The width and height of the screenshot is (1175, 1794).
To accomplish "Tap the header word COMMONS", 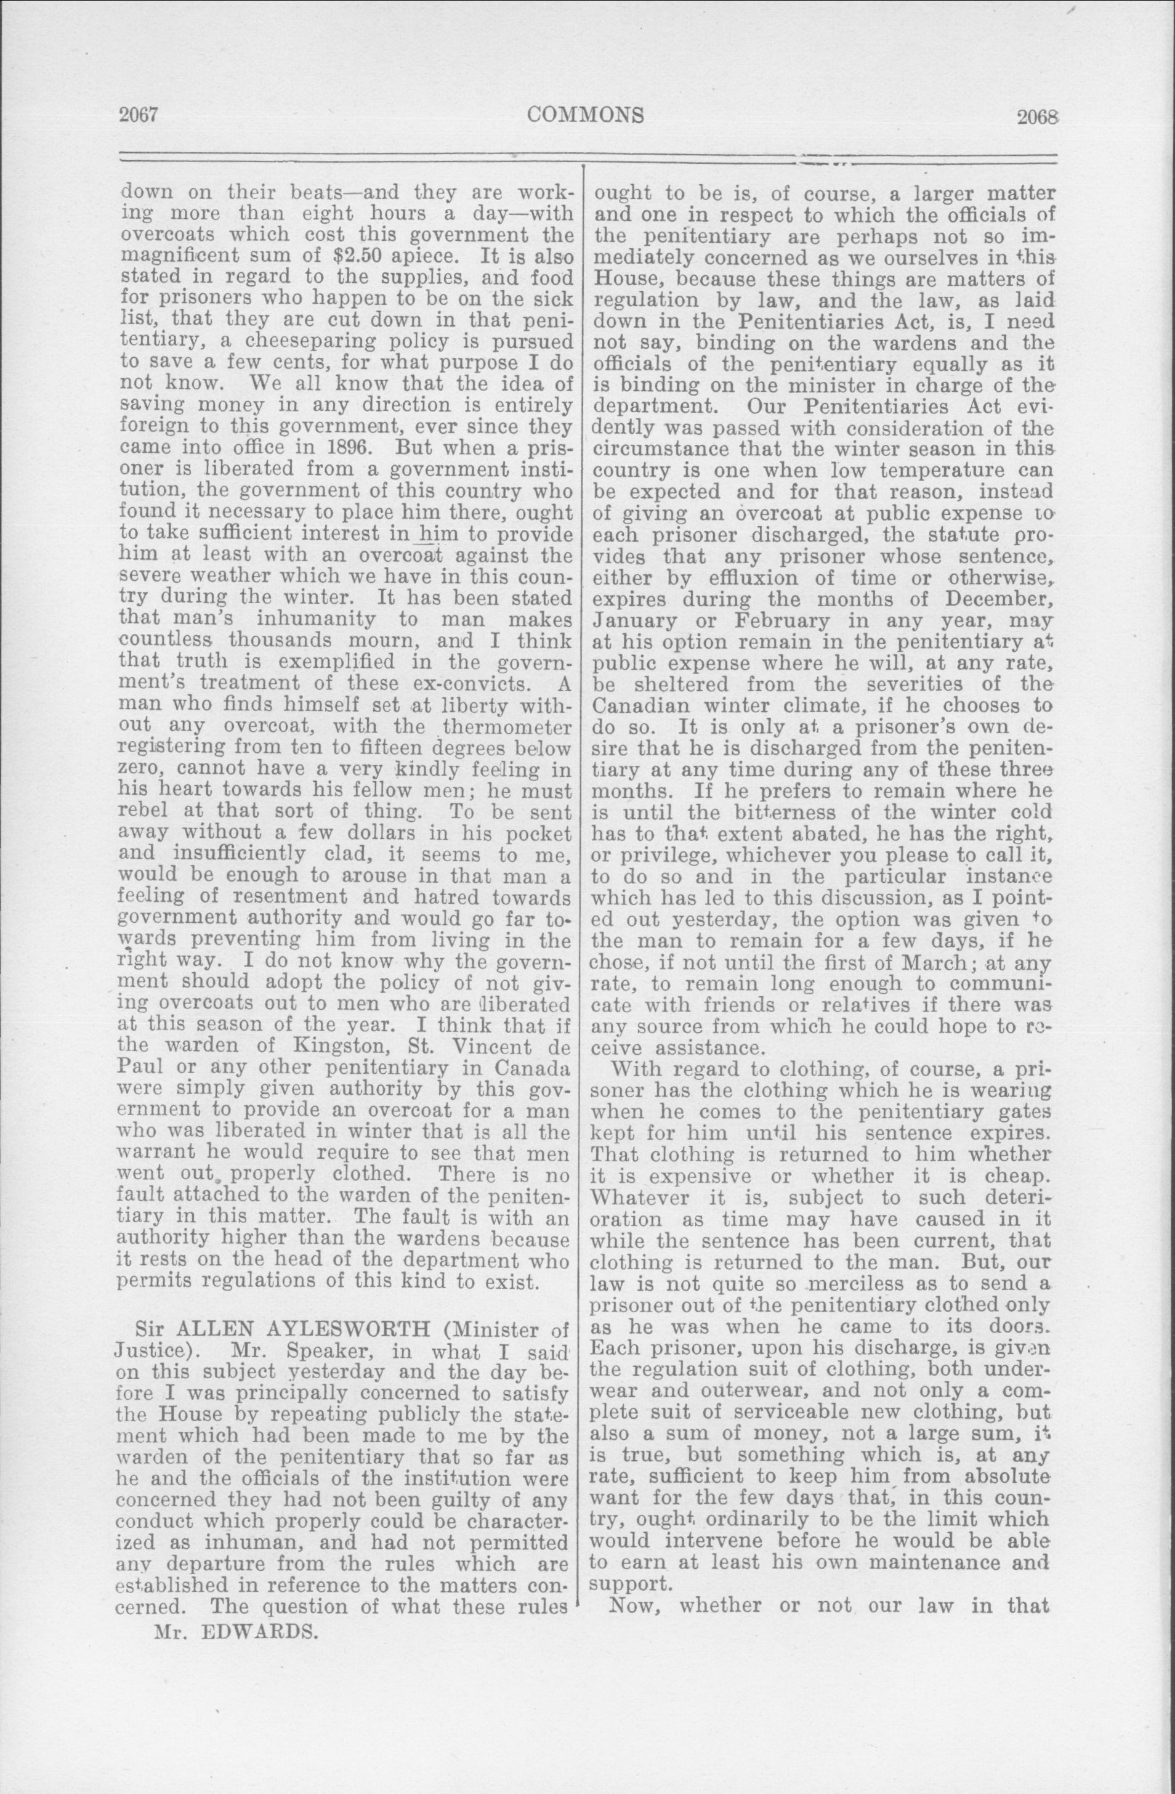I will pos(586,115).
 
